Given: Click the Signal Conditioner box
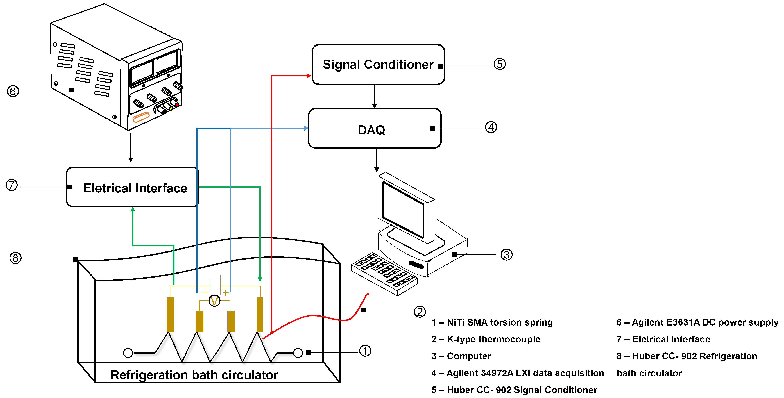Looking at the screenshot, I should pos(378,65).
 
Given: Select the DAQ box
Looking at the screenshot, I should pos(374,128).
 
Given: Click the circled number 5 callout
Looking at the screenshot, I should pos(500,64).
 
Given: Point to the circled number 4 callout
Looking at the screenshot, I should pos(491,127).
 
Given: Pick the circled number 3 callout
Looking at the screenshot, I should pos(506,255).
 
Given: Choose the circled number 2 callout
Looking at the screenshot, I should pos(419,312).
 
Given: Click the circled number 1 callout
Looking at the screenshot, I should pos(365,351).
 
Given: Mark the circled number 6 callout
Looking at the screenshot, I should pos(13,91).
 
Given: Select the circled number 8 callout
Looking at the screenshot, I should pos(15,258).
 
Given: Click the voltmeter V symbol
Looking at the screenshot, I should pos(214,301).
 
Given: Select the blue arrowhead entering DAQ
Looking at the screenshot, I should pos(306,128).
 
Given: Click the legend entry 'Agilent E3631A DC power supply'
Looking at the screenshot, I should pos(697,322).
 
